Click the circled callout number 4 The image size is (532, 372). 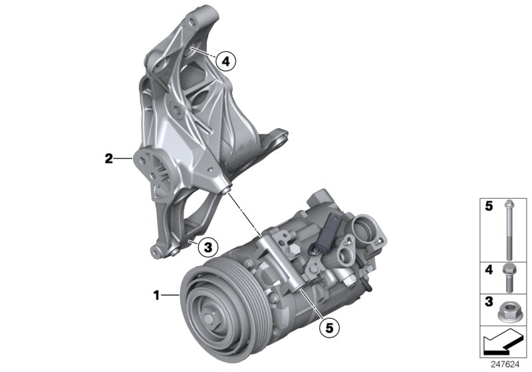[225, 62]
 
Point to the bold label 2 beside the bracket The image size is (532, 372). [108, 158]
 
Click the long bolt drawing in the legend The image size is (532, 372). [507, 229]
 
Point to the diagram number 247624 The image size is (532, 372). [509, 364]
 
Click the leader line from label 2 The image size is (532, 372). [123, 158]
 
